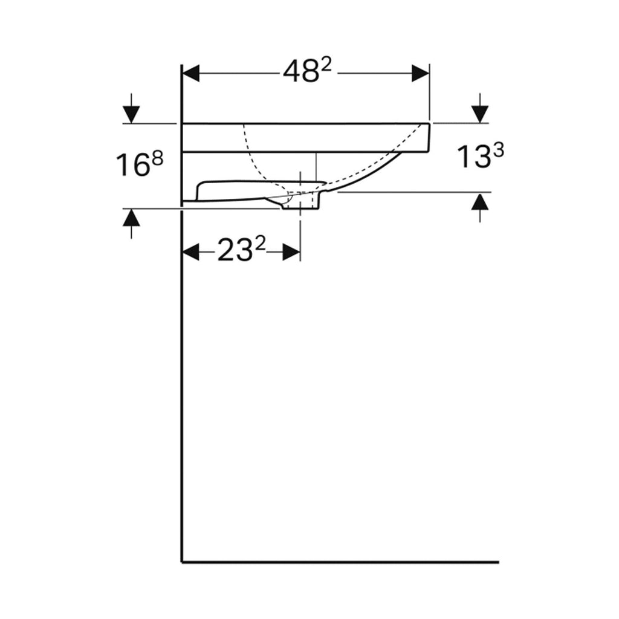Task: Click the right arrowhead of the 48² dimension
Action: pos(420,73)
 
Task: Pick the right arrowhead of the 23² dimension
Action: pos(291,252)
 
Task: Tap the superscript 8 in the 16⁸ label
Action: pos(157,157)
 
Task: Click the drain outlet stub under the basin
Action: pos(300,204)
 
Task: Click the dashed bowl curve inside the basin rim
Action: pos(254,160)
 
